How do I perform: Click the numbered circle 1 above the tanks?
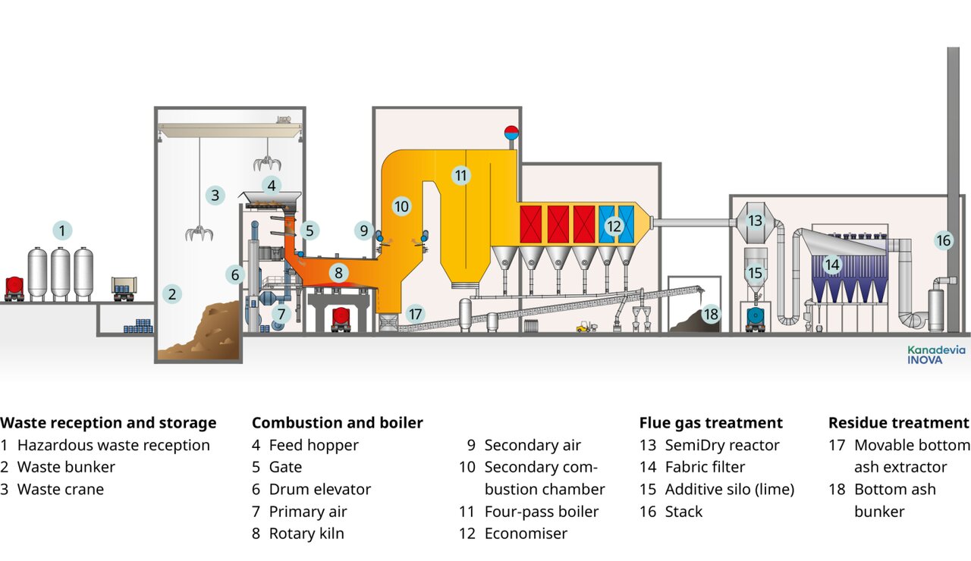coord(63,230)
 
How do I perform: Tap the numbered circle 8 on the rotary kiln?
coord(339,272)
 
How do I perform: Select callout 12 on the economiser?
coord(614,225)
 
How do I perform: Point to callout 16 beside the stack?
coord(943,241)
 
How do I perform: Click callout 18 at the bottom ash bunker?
coord(710,313)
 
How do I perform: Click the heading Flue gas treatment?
coord(711,423)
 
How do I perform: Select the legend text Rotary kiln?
coord(306,534)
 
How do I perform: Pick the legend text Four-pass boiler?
coord(541,512)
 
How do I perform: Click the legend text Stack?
coord(683,512)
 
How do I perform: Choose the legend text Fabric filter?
coord(705,467)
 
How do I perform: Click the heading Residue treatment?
coord(898,423)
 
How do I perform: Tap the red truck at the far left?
coord(14,287)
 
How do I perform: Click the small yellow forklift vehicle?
coord(583,327)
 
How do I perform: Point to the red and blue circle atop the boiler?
coord(511,132)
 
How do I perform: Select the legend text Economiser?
coord(525,534)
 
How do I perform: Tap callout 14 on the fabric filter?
coord(832,265)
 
